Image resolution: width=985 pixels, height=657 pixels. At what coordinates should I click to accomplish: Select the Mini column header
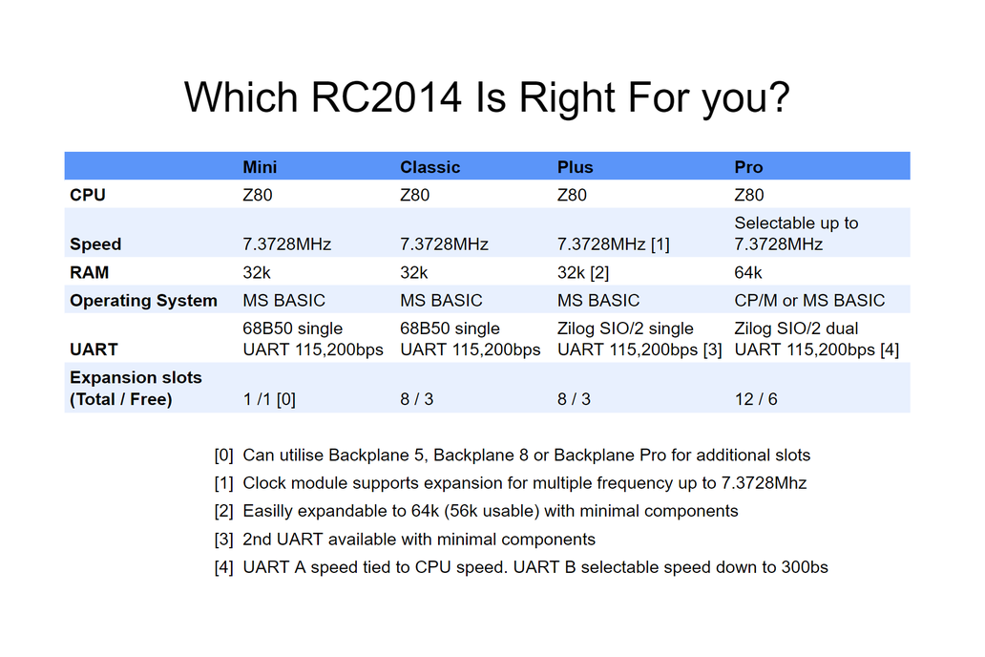[260, 167]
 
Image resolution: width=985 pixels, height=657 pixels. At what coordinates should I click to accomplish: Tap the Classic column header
[430, 167]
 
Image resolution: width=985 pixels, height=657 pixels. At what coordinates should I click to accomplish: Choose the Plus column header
[575, 167]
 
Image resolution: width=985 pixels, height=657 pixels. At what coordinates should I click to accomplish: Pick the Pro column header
[748, 167]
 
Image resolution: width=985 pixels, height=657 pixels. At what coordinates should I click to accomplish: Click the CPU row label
[88, 195]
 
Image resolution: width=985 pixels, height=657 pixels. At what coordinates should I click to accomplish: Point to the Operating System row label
[143, 300]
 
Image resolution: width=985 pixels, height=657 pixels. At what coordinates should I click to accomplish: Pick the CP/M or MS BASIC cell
[809, 300]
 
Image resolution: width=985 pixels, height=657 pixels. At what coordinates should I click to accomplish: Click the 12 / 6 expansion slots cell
[756, 398]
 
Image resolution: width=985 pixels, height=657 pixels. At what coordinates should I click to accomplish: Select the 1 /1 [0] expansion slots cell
[269, 398]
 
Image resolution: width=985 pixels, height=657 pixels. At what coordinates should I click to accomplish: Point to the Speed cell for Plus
[613, 244]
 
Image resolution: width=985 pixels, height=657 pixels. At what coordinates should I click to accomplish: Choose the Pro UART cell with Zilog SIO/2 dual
[816, 339]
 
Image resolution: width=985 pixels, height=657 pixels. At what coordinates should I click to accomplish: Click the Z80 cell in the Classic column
[414, 195]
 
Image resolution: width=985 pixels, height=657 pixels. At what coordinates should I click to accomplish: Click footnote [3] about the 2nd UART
[419, 540]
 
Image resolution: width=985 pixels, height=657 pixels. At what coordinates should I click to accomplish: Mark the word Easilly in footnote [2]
[271, 511]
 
